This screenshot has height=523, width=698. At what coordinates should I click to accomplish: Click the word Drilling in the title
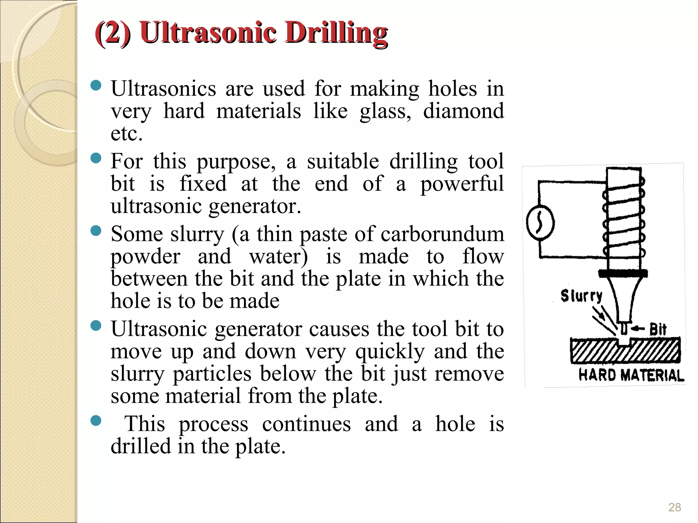point(336,33)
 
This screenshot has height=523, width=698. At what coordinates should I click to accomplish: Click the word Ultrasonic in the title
point(208,33)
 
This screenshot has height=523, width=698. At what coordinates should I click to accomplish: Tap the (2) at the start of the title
point(113,33)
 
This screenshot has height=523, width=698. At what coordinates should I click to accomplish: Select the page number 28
point(674,507)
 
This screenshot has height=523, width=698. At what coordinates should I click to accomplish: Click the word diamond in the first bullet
point(463,111)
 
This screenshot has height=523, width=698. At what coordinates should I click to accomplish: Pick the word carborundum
point(442,234)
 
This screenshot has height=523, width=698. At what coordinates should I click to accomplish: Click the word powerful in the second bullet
point(462,184)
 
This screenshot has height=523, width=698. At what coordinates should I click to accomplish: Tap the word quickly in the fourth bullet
point(390,352)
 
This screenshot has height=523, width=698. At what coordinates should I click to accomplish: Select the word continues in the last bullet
point(306,424)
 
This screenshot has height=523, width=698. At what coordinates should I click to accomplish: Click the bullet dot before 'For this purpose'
point(96,158)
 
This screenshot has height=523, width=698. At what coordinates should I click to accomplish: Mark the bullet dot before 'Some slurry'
point(96,231)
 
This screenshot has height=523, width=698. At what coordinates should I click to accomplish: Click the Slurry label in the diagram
point(581,296)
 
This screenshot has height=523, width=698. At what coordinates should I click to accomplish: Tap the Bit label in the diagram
point(657,330)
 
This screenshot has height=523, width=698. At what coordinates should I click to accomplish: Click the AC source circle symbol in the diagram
point(540,223)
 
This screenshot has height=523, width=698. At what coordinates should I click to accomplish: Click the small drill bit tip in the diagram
point(624,329)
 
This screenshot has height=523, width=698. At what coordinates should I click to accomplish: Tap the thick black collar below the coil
point(623,273)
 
